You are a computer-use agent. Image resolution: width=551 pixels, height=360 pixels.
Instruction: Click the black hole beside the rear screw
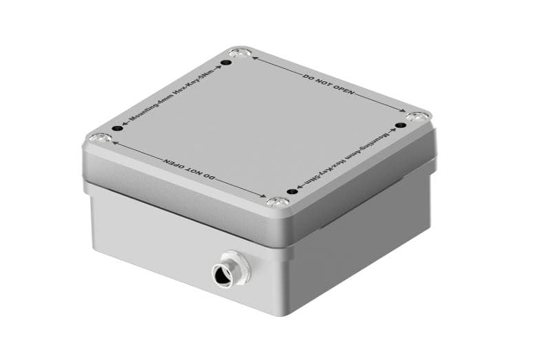[225, 63]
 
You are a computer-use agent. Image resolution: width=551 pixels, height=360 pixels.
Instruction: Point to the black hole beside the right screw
[399, 126]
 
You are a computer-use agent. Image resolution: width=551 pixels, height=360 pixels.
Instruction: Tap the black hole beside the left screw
[117, 129]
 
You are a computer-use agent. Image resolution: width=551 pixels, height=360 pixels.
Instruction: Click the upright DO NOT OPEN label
[323, 82]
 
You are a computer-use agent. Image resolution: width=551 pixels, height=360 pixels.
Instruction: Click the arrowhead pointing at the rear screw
[255, 58]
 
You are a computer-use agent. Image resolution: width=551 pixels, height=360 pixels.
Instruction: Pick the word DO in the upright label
[308, 76]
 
